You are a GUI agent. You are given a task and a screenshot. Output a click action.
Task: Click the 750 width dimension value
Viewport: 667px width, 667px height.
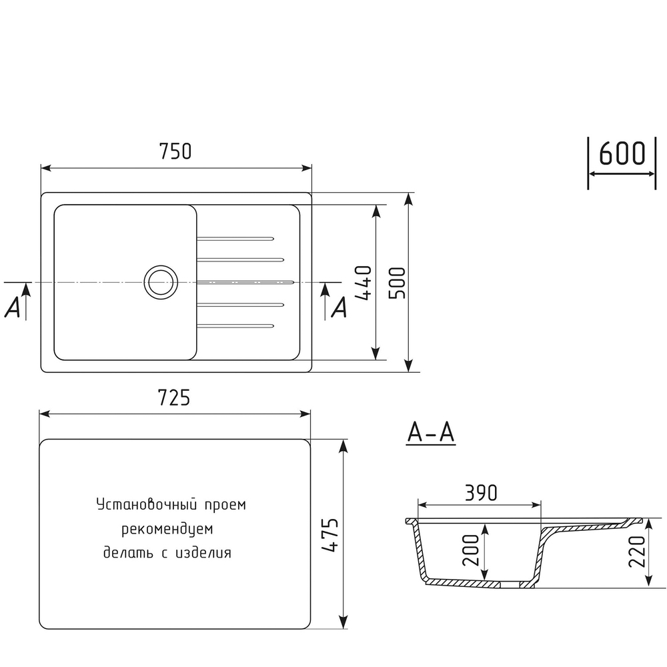175,152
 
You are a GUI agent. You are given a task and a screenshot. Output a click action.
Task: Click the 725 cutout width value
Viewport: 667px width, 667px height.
175,398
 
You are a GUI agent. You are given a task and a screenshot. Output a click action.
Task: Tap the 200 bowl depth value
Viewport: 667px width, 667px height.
471,550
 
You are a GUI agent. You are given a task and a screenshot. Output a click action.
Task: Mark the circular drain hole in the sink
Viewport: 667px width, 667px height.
160,281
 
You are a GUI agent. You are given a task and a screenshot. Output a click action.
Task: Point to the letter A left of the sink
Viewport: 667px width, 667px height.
12,307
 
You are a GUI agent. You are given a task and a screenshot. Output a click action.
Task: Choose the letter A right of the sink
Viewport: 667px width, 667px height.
340,307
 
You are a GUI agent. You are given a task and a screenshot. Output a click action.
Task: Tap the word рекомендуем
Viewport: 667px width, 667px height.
167,529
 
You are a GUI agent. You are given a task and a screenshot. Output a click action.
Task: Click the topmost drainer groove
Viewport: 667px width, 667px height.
235,237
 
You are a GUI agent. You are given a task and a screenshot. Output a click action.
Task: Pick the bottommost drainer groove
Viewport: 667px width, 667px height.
235,325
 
